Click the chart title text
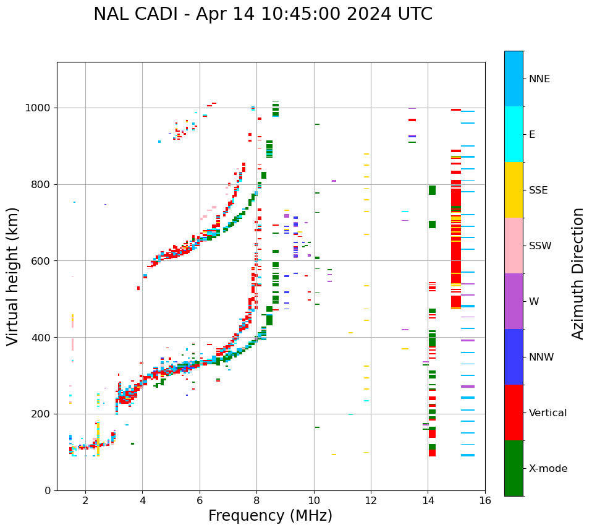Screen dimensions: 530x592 click(263, 14)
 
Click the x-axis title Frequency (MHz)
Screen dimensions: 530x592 click(270, 516)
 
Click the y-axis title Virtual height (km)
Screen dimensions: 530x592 click(13, 276)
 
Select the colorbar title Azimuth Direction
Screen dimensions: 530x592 click(578, 273)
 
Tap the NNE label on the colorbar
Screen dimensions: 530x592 click(539, 79)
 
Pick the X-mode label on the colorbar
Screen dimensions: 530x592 click(548, 469)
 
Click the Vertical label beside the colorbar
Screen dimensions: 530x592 click(548, 413)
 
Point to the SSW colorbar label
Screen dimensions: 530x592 click(540, 246)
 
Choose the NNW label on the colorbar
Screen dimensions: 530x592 click(541, 357)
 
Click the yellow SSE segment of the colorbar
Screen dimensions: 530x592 click(514, 190)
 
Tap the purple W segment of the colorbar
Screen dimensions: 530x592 click(514, 301)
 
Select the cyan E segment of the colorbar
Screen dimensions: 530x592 click(514, 134)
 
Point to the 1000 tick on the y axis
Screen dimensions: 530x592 click(40, 108)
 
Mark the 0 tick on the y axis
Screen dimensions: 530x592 click(49, 490)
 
